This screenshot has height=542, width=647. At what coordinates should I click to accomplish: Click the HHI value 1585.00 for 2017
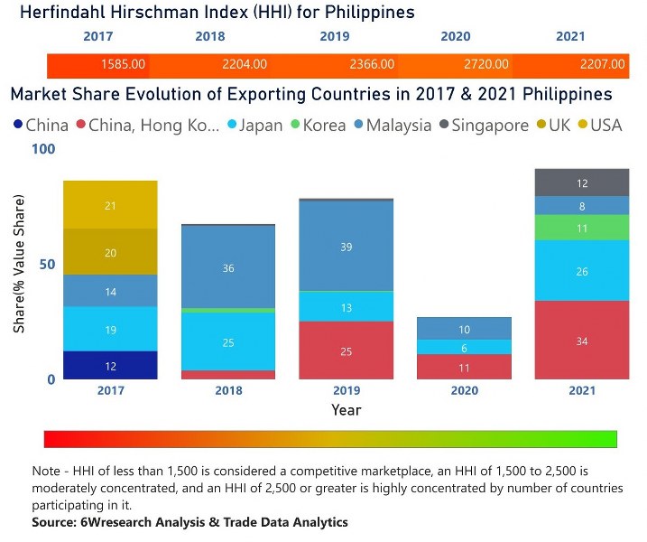click(124, 64)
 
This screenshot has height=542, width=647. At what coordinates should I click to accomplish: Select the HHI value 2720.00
click(487, 64)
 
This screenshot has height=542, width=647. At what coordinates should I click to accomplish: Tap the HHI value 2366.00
click(372, 64)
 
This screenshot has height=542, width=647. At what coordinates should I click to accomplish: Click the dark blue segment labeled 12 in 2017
click(110, 365)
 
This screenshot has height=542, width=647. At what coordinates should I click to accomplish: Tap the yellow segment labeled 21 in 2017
click(110, 205)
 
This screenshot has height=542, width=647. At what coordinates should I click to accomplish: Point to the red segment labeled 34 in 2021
click(582, 341)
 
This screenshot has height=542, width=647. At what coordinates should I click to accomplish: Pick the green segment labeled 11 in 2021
click(582, 228)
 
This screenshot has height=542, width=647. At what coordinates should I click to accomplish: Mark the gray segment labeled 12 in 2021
click(582, 183)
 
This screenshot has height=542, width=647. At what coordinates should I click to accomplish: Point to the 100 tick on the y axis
click(42, 149)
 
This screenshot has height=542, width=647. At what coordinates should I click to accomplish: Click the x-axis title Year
click(346, 409)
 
